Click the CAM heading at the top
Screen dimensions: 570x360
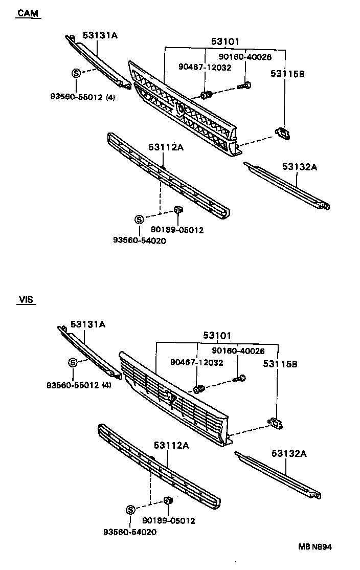(x=28, y=13)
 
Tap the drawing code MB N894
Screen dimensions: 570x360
(x=316, y=546)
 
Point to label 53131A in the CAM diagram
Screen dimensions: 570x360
(x=100, y=35)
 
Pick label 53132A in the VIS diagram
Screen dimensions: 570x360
(x=289, y=453)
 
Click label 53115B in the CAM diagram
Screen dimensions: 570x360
(x=287, y=74)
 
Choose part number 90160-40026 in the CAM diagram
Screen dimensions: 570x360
(x=245, y=57)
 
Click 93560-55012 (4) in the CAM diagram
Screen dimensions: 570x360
(x=82, y=96)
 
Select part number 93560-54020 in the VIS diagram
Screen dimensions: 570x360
(x=130, y=532)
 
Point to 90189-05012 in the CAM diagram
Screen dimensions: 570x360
(x=177, y=230)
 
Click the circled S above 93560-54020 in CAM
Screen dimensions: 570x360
(x=139, y=220)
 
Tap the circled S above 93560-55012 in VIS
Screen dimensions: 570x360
(x=73, y=362)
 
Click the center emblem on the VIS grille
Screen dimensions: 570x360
(x=171, y=397)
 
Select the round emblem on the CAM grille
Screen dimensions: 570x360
(x=181, y=108)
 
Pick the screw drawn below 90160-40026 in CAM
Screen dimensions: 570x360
(x=245, y=86)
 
